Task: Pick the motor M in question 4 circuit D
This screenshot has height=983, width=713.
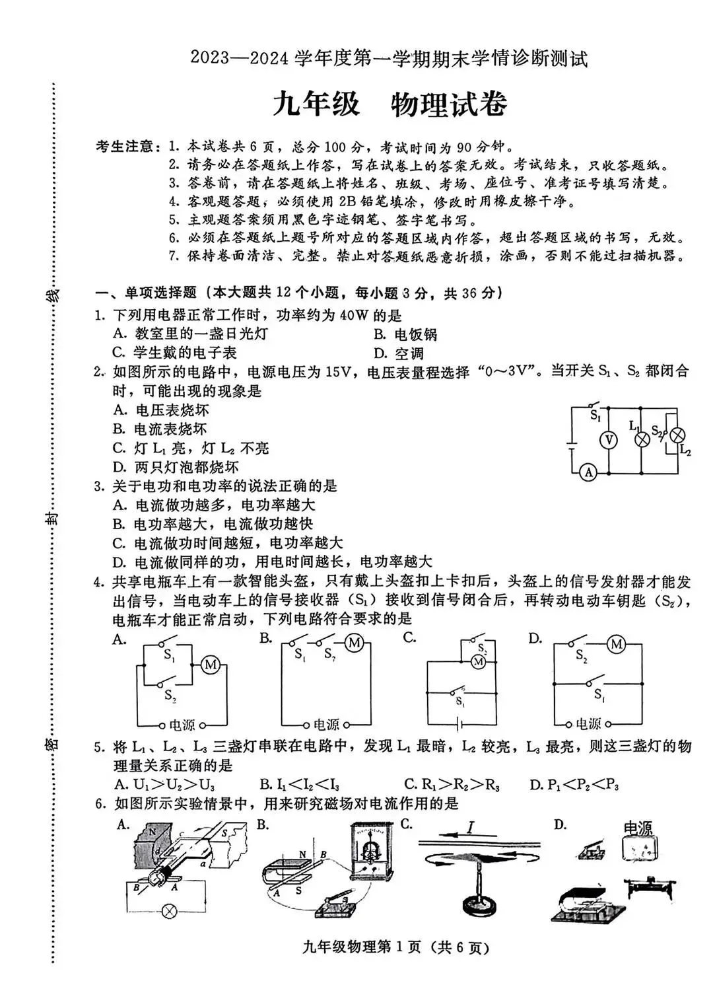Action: coord(617,643)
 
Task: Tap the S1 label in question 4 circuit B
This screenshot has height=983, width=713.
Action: coord(300,655)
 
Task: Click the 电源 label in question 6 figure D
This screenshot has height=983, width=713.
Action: coord(638,828)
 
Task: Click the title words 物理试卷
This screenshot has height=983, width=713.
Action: coord(449,104)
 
